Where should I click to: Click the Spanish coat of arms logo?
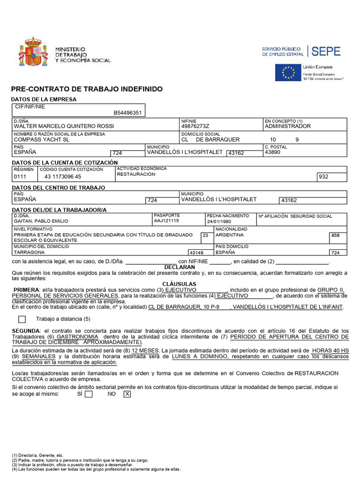[x=33, y=52]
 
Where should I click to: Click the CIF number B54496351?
[x=127, y=113]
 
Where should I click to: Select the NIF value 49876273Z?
[x=195, y=126]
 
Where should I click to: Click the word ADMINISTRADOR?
[x=287, y=126]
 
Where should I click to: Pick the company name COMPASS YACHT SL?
[x=42, y=140]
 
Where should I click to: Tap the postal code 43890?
[x=273, y=152]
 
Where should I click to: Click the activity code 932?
[x=323, y=177]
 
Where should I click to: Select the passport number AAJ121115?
[x=166, y=221]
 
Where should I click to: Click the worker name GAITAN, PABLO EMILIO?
[x=41, y=221]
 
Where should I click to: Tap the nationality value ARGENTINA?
[x=230, y=235]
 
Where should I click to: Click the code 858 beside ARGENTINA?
[x=335, y=235]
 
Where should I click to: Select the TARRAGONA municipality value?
[x=30, y=252]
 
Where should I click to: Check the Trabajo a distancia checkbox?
[x=22, y=319]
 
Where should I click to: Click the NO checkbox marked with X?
[x=127, y=394]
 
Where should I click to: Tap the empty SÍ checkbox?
[x=89, y=394]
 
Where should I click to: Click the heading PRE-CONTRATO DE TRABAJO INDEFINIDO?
[x=87, y=89]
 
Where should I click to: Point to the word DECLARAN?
[x=180, y=267]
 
